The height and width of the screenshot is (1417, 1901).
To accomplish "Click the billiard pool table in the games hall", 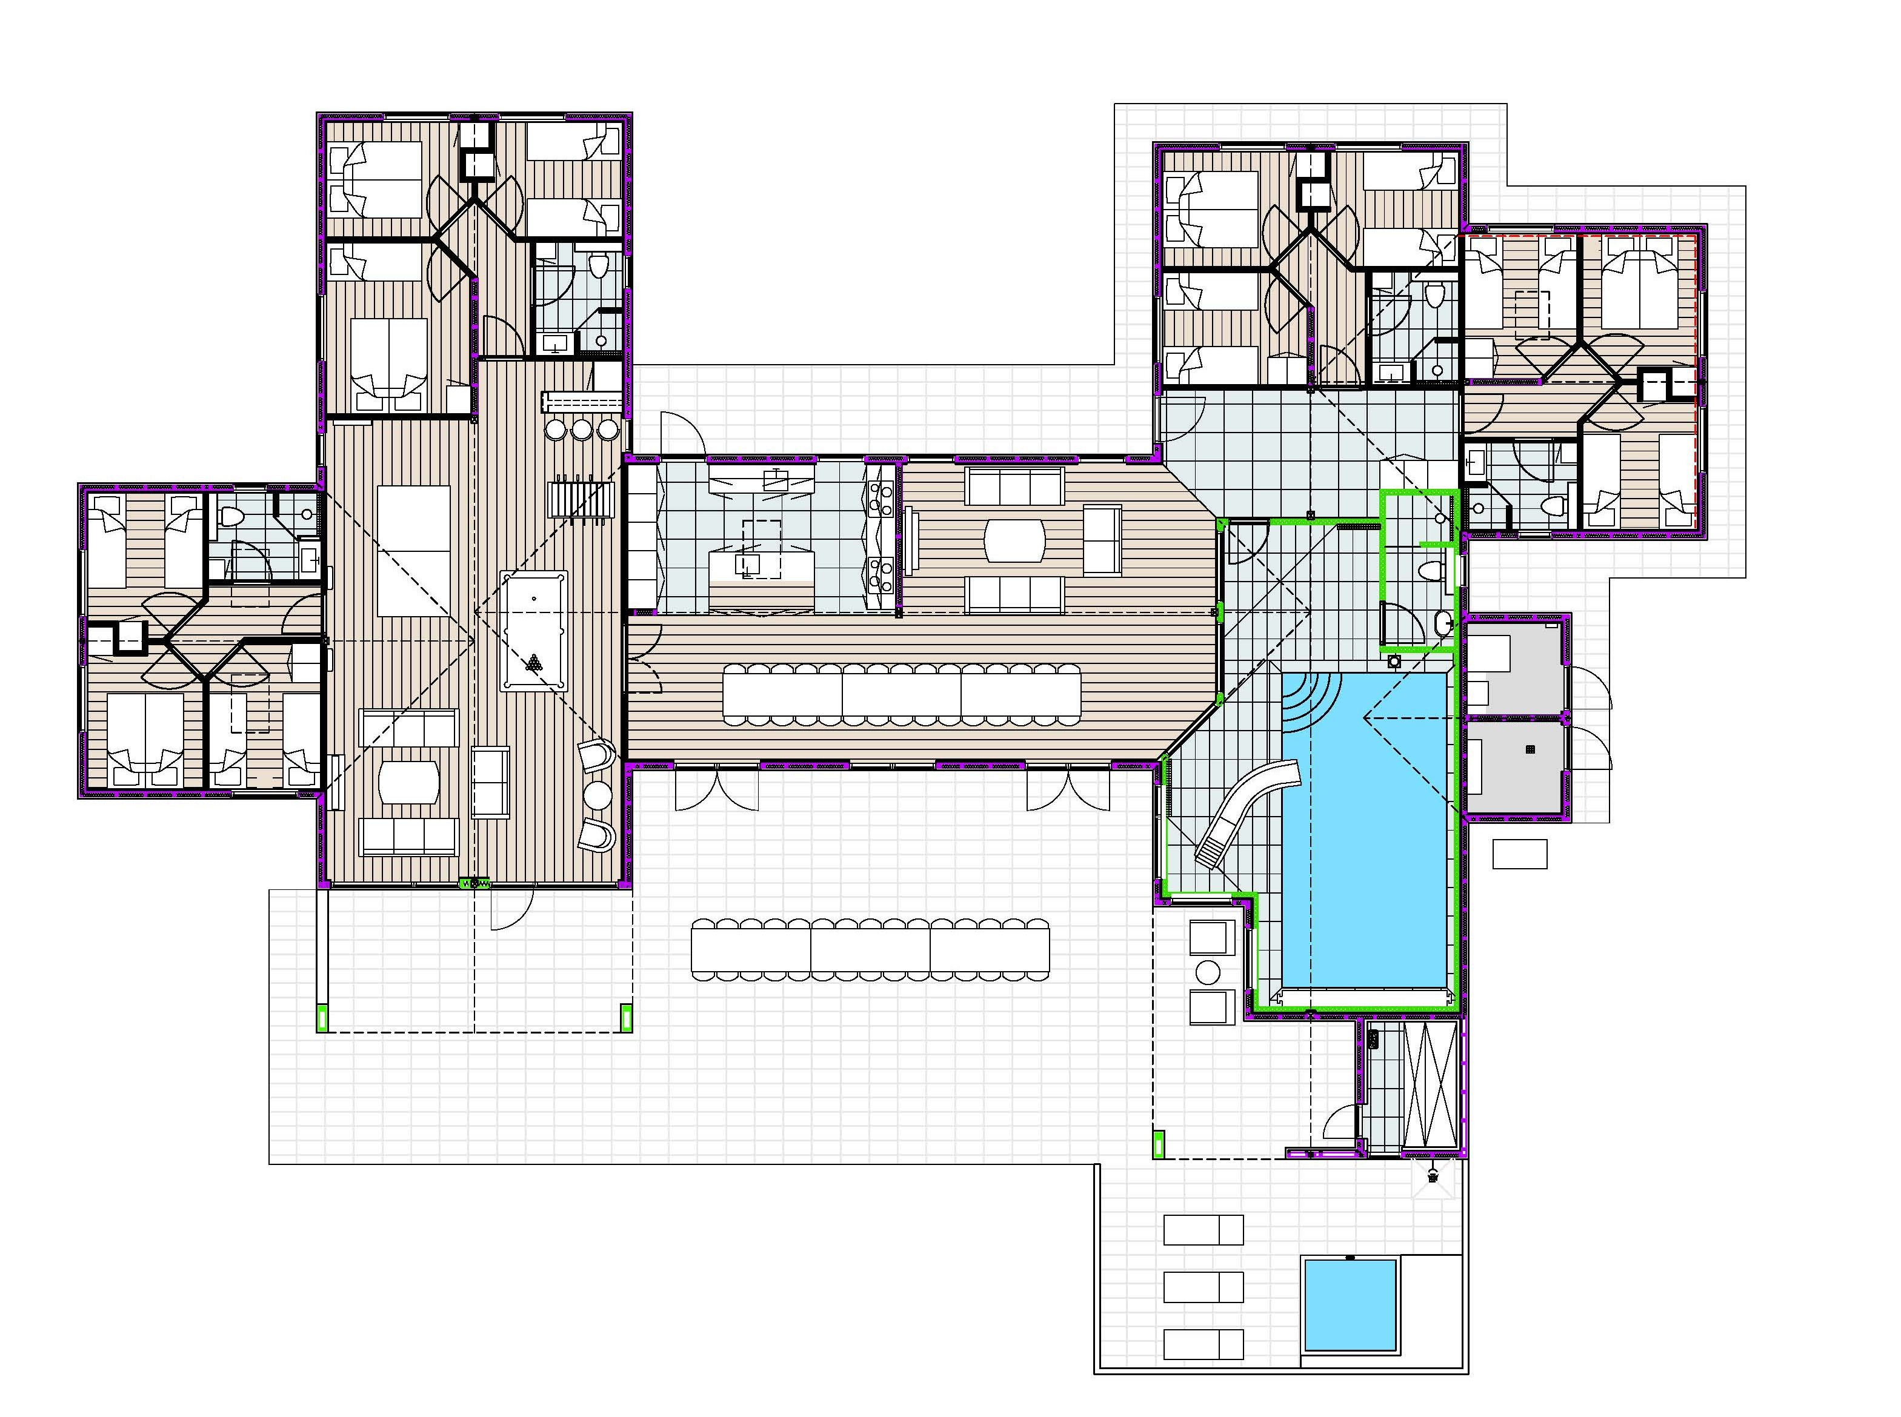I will pyautogui.click(x=533, y=631).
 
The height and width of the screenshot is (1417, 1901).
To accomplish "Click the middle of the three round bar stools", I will pyautogui.click(x=582, y=429).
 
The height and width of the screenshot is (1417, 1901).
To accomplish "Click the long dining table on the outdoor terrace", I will pyautogui.click(x=869, y=948).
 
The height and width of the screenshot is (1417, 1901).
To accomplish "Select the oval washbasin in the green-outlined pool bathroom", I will pyautogui.click(x=1443, y=622).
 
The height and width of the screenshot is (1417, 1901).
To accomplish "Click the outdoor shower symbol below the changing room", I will pyautogui.click(x=1433, y=1177).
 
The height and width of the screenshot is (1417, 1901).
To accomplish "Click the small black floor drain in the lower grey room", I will pyautogui.click(x=1530, y=749).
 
